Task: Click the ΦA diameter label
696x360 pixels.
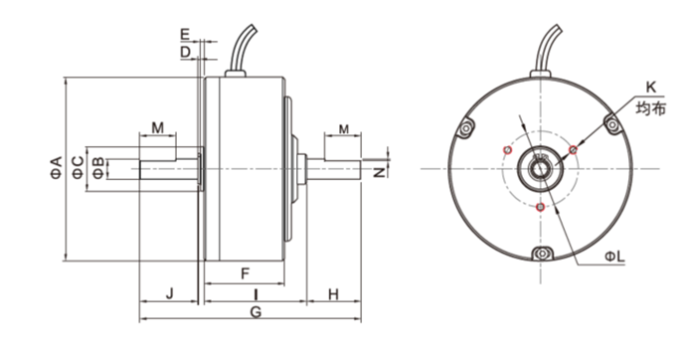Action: [x=57, y=167]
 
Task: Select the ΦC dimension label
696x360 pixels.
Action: [x=78, y=167]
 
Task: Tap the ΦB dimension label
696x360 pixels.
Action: [x=98, y=168]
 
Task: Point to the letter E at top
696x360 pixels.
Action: [x=185, y=34]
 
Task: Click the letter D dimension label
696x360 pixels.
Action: [x=186, y=52]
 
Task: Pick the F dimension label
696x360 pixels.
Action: [x=245, y=273]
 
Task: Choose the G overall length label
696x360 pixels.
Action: [x=256, y=312]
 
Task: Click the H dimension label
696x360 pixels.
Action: [x=333, y=293]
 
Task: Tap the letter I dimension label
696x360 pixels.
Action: [x=256, y=293]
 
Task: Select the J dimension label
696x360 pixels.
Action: [x=169, y=293]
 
